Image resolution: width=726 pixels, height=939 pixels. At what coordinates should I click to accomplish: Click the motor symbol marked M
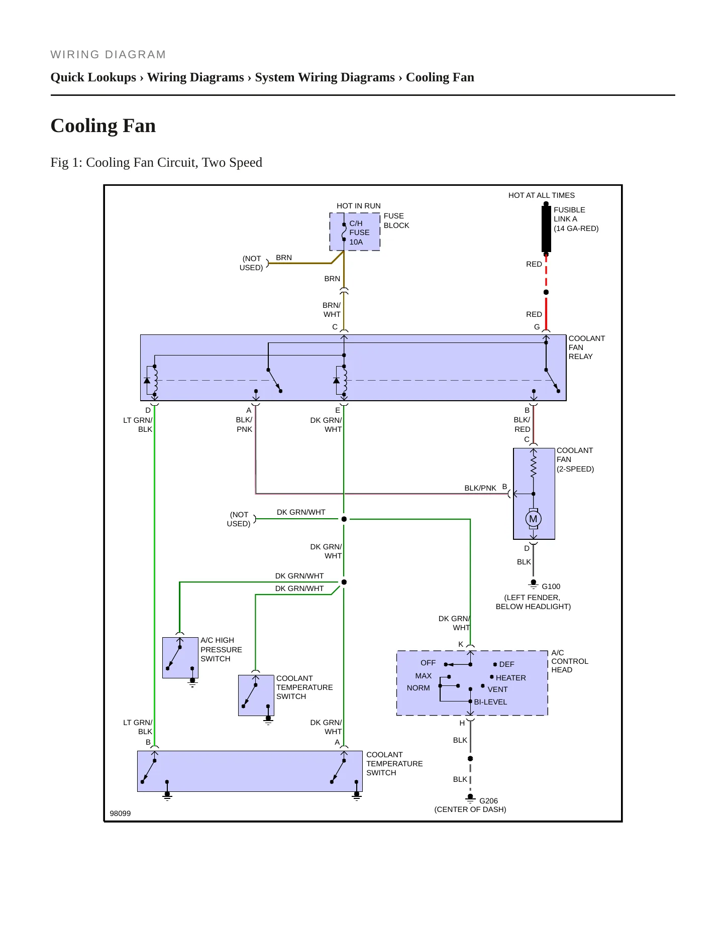[533, 519]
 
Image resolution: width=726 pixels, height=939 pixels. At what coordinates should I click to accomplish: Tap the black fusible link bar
[546, 229]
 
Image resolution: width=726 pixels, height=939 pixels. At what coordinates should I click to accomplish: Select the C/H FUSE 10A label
[359, 232]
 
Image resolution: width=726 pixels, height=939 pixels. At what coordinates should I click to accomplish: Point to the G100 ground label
[551, 586]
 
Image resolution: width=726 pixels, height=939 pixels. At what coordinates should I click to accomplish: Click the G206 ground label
[488, 801]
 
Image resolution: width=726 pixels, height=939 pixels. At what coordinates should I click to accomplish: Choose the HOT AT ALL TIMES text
[542, 195]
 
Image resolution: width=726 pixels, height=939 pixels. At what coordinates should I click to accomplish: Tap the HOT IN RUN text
[359, 206]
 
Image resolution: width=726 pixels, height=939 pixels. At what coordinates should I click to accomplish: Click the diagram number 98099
[120, 813]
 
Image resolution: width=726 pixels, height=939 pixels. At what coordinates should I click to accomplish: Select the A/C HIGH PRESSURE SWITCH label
[221, 649]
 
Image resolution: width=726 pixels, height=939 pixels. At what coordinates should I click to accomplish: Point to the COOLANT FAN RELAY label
[587, 347]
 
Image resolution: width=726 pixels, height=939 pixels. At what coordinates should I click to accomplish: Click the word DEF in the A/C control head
[506, 664]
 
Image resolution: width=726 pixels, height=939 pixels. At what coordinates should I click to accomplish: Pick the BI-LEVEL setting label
[490, 702]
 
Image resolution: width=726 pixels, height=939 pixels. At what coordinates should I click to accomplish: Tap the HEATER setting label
[511, 678]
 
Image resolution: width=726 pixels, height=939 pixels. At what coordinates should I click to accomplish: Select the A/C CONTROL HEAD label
[570, 661]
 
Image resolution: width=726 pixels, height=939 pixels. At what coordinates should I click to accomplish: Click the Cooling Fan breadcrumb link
[440, 77]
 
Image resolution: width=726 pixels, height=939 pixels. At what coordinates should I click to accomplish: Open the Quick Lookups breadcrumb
[93, 77]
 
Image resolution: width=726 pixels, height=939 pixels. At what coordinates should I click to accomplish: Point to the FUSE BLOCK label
[396, 221]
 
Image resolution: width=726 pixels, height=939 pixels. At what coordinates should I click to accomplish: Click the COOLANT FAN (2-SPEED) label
[575, 459]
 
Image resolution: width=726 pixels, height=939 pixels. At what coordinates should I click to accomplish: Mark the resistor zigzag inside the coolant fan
[534, 463]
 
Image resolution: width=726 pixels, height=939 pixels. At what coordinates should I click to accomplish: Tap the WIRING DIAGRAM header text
[108, 55]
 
